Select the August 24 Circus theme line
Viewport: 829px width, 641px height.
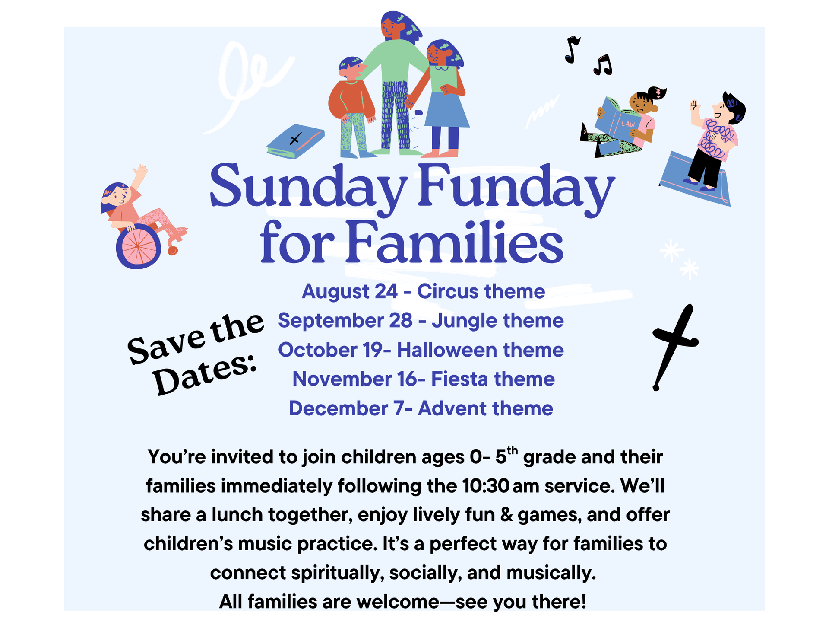(423, 291)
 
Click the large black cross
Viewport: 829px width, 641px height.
(674, 346)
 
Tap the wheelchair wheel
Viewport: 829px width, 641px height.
(138, 247)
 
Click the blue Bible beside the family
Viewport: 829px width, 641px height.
(295, 142)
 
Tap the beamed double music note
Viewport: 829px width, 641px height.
(603, 65)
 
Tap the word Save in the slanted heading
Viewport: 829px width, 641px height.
(166, 344)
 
